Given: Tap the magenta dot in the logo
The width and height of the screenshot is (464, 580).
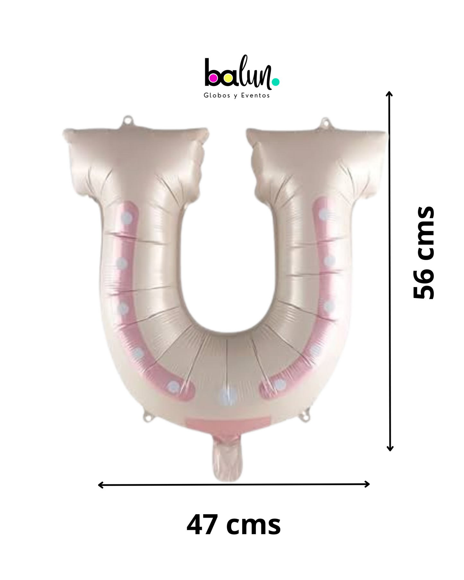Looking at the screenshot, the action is [213, 78].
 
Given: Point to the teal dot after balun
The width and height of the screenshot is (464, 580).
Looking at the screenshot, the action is [276, 82].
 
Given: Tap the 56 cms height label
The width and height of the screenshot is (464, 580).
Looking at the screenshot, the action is [424, 252].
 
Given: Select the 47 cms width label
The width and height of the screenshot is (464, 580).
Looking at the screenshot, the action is [233, 525].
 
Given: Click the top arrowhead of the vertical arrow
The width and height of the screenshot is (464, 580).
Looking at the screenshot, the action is [389, 94].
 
